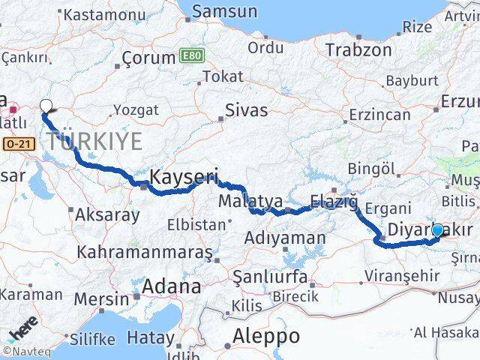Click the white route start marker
[x=46, y=106]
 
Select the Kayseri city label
[x=184, y=178]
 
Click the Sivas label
[x=247, y=111]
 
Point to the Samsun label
[x=224, y=12]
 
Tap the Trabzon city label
[x=358, y=50]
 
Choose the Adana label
[x=172, y=286]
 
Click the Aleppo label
[x=265, y=334]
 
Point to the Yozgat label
[x=136, y=110]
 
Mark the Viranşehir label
[x=403, y=276]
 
